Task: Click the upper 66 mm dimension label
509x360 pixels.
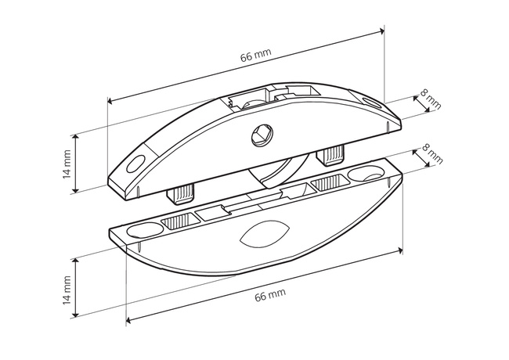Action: [x=256, y=55]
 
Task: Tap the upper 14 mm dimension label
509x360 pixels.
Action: [x=67, y=164]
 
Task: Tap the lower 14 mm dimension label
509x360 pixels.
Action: [x=67, y=290]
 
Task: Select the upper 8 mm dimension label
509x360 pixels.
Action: [x=431, y=99]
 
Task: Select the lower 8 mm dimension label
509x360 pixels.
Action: [x=432, y=153]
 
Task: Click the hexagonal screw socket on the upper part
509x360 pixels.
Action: [x=262, y=135]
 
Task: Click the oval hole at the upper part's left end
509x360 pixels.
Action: [x=135, y=164]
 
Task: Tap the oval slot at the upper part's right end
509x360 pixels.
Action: [x=372, y=103]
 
